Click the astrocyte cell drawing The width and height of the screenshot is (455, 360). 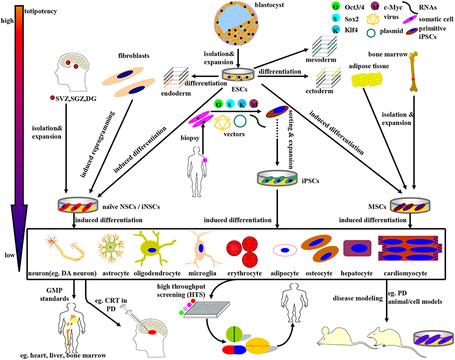(x=112, y=248)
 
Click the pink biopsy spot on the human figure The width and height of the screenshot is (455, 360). (x=205, y=161)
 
